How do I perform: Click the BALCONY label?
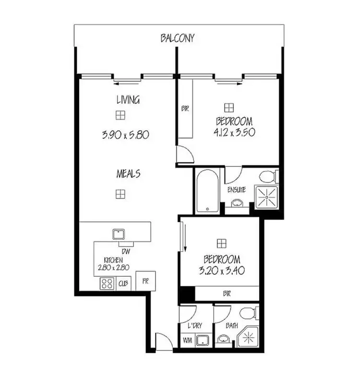[178, 38]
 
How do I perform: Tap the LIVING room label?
[128, 100]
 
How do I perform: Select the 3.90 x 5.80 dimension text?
[126, 135]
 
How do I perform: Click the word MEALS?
[128, 173]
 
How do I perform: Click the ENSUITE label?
[237, 190]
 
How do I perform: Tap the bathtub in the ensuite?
[206, 191]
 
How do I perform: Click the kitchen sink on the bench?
[119, 234]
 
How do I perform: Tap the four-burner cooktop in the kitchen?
[106, 283]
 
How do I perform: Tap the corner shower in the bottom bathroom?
[248, 337]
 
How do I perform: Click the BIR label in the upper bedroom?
[185, 109]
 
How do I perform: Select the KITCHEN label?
[113, 260]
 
